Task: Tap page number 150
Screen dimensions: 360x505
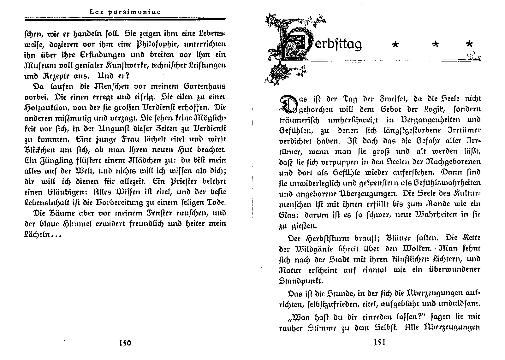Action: coord(124,343)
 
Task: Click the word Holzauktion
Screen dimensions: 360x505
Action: coord(47,108)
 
